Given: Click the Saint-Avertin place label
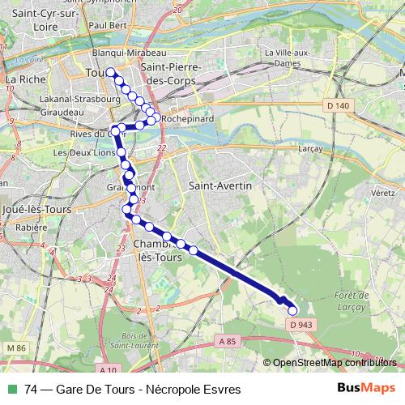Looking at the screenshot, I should pos(220,185).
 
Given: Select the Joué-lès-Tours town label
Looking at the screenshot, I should pos(36,209).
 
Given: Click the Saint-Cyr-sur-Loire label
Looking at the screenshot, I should pos(40,19).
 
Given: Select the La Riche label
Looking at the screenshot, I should pos(23,79).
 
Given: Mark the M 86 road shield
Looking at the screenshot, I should pos(16,347).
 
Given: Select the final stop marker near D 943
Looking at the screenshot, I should pos(292,310).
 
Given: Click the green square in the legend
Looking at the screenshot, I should pos(12,389).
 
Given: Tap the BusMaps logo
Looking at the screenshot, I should pos(365,389).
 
